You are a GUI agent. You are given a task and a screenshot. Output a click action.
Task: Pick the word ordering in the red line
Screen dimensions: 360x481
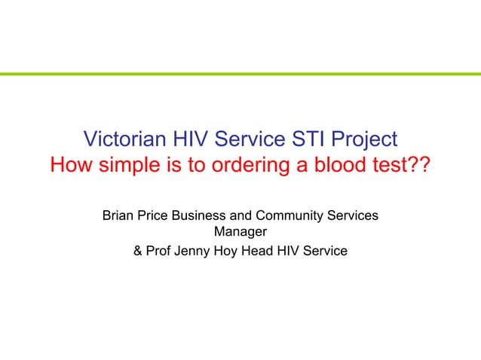pos(242,165)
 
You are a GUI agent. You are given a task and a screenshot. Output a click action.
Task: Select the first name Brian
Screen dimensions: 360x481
pos(118,215)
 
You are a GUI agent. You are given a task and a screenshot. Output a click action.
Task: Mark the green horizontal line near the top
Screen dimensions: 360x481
pos(240,74)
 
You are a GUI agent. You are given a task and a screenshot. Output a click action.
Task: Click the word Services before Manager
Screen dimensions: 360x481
pos(353,215)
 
